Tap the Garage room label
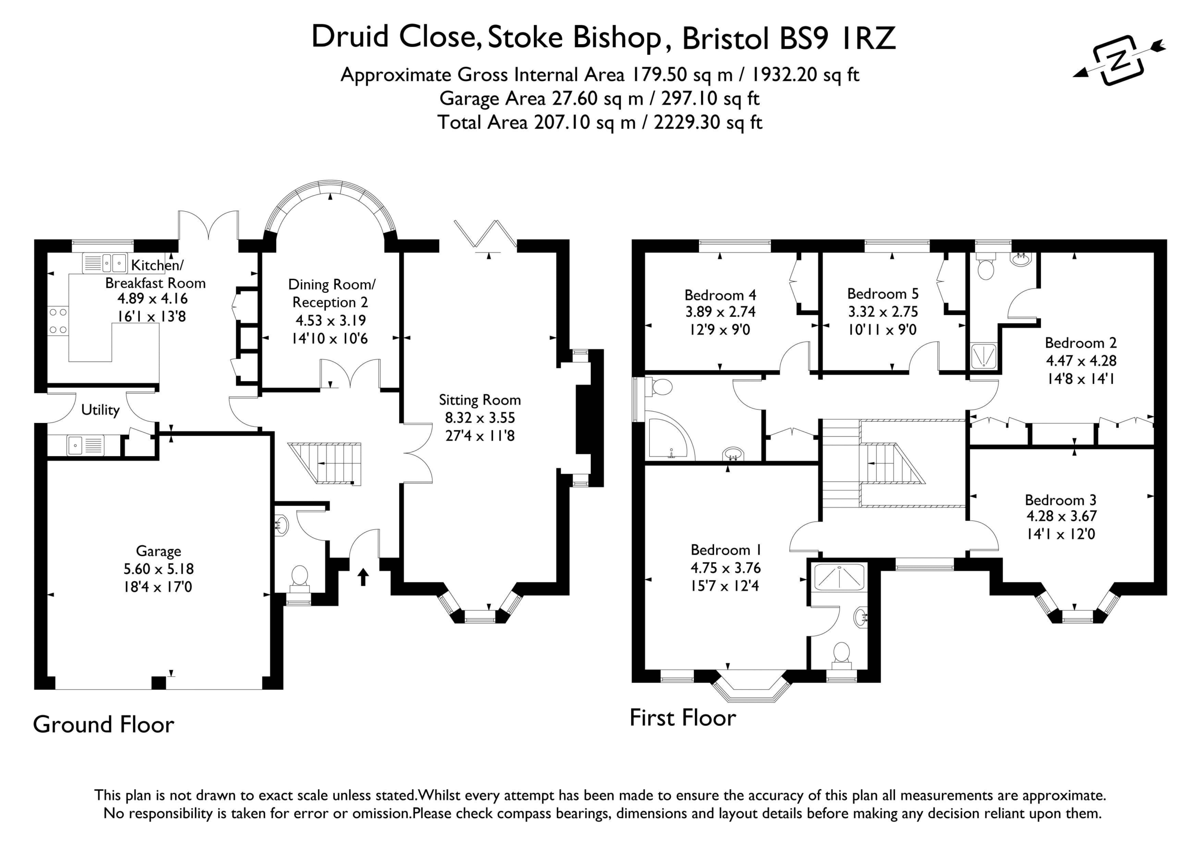[159, 551]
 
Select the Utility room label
[100, 410]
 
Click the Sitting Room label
[479, 400]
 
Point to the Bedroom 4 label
[720, 295]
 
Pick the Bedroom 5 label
[883, 294]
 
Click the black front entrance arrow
[363, 577]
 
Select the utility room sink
[85, 446]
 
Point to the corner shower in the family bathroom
[670, 436]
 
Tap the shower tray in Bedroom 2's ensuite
[985, 356]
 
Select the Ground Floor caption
[104, 725]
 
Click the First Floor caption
[683, 718]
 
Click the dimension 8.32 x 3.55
[479, 418]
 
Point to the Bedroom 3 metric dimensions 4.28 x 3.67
[1061, 516]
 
